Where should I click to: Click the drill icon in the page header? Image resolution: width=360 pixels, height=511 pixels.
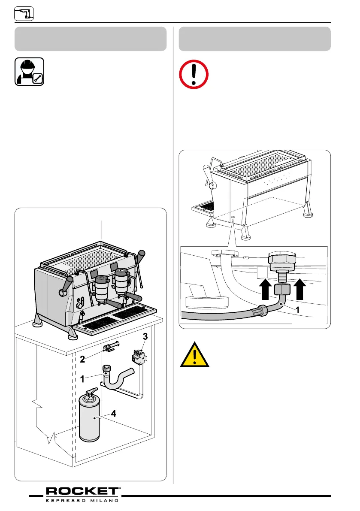(24, 14)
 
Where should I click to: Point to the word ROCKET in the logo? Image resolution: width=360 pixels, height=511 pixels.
(82, 491)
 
